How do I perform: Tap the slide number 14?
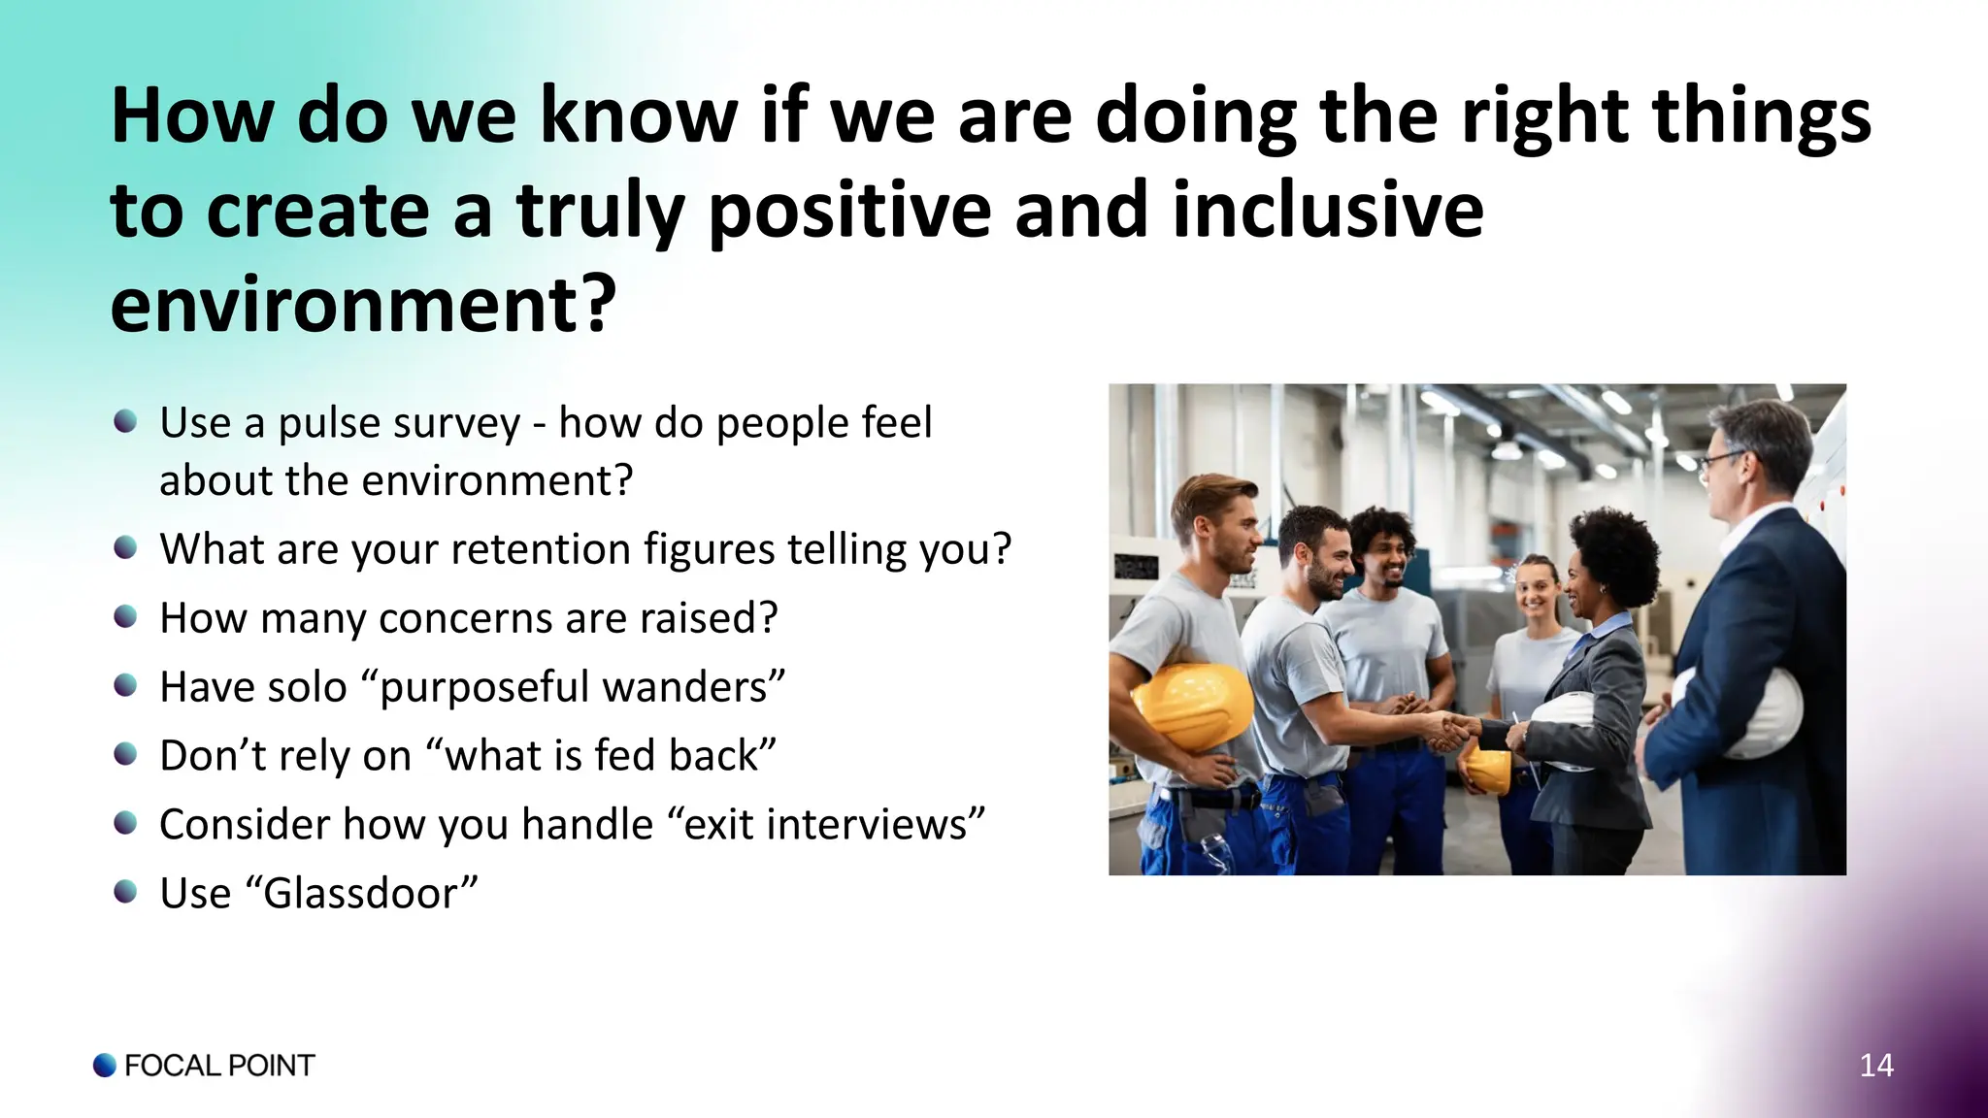[x=1875, y=1066]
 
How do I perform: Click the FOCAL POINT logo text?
[x=219, y=1066]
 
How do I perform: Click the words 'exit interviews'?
[x=826, y=825]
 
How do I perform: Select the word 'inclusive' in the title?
[x=1328, y=211]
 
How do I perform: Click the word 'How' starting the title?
[x=193, y=116]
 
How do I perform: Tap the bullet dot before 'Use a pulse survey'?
[x=125, y=421]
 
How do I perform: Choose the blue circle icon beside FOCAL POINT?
[x=105, y=1066]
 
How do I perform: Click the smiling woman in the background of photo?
[x=1535, y=587]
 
